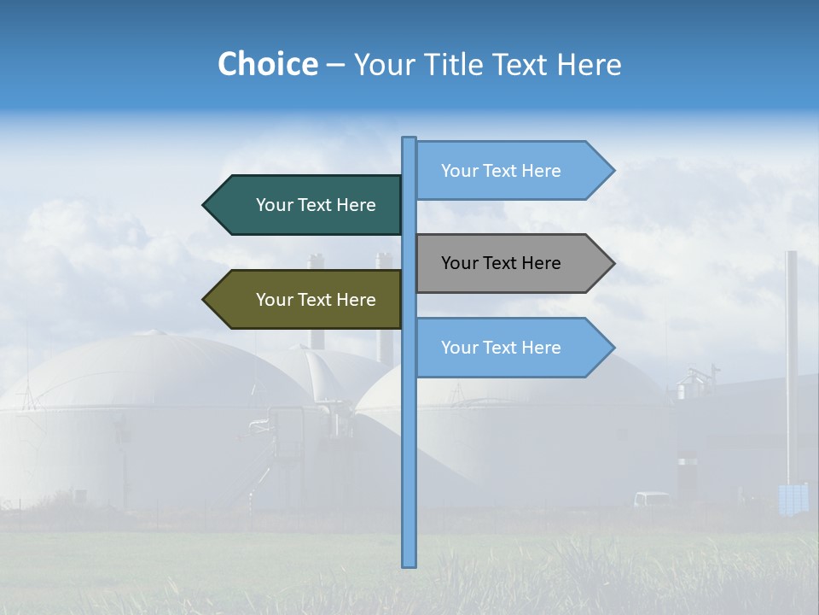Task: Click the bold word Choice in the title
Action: click(267, 64)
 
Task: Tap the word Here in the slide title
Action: click(588, 64)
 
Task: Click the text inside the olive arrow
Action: click(316, 300)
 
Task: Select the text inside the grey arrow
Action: click(501, 263)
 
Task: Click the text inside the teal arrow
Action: click(316, 205)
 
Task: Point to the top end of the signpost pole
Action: click(409, 139)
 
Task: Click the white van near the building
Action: click(652, 499)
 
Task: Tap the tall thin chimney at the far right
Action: click(792, 359)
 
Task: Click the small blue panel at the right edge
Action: click(793, 499)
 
